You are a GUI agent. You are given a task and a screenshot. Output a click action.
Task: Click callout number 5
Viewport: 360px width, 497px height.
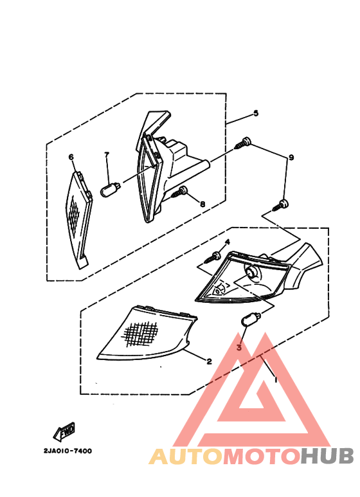coord(256,113)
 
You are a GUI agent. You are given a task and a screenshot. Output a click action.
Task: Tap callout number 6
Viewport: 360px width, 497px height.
coord(71,157)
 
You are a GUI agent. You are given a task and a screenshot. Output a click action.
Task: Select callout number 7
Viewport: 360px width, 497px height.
coord(107,154)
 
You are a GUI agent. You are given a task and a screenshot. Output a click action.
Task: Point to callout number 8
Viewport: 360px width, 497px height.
coord(203,204)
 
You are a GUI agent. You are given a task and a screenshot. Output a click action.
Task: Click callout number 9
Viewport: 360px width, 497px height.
coord(291,158)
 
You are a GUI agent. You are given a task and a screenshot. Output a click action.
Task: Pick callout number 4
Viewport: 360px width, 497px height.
coord(227,242)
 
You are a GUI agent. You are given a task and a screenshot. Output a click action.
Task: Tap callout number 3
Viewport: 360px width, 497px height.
coord(239,347)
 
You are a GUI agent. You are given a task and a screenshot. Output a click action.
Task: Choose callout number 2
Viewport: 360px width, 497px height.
coord(209,361)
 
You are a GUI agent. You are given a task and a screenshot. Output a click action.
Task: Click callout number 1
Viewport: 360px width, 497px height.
coord(275,379)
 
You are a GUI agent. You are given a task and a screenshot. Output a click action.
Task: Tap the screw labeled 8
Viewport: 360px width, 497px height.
coord(179,192)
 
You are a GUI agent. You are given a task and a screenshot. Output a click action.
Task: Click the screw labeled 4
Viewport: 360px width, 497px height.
coord(213,257)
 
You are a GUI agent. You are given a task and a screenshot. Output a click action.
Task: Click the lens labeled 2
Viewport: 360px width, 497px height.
coord(147,333)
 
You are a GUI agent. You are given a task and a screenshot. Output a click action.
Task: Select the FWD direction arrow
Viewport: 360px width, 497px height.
coord(64,432)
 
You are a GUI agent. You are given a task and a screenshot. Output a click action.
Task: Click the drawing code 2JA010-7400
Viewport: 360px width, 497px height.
coord(67,451)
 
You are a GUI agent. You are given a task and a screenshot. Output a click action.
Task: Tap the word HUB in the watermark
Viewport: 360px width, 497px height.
coord(327,456)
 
